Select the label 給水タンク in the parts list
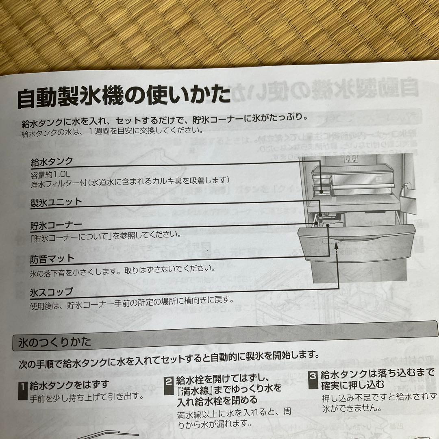pos(52,162)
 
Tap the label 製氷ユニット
pos(56,202)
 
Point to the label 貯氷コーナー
pos(56,225)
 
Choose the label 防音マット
pos(52,259)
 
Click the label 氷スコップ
pos(52,291)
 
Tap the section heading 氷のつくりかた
pos(54,342)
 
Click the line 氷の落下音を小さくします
pos(122,269)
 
